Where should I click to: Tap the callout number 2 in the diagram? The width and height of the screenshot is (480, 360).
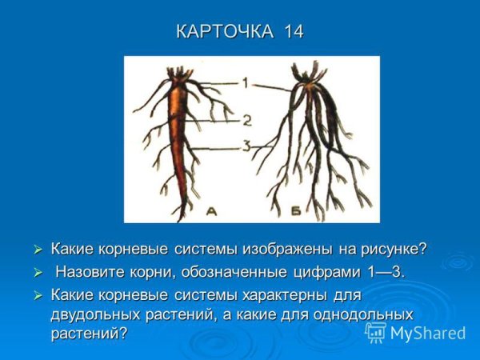point(247,121)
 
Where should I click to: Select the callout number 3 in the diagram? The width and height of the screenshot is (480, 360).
point(247,146)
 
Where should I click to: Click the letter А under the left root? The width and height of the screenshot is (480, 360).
point(211,211)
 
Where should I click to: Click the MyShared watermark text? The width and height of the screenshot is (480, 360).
point(429,333)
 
